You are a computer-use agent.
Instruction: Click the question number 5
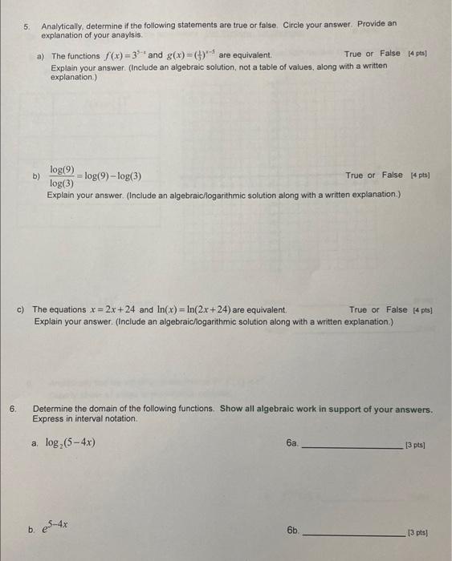tap(26, 26)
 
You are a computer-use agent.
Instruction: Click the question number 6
tap(13, 409)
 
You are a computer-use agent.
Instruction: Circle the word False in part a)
tap(390, 54)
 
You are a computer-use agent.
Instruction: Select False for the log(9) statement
tap(393, 176)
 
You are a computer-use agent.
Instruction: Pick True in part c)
tap(359, 310)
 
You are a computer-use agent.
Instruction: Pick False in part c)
tap(397, 310)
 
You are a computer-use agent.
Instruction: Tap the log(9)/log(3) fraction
tap(62, 176)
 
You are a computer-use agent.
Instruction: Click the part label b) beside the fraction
tap(36, 176)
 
